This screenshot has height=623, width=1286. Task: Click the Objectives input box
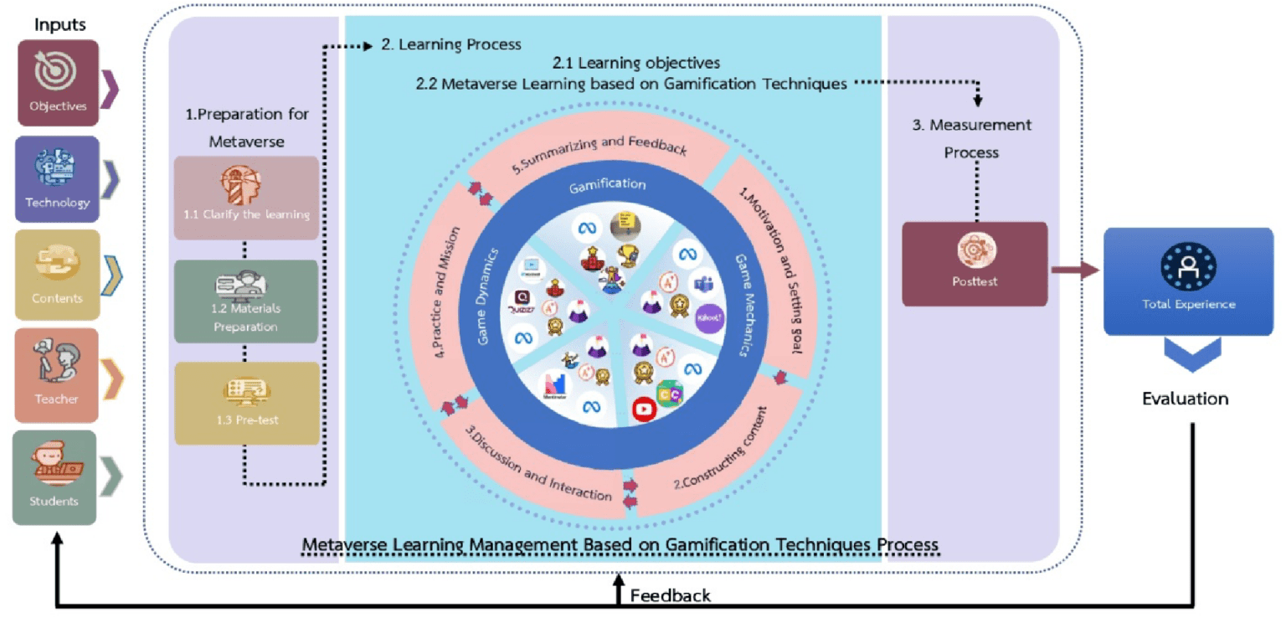[58, 83]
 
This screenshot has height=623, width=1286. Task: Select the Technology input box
[57, 179]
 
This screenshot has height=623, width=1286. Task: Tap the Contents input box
[57, 275]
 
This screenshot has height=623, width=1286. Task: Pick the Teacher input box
[57, 374]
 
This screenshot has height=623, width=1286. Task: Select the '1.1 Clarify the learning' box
[246, 198]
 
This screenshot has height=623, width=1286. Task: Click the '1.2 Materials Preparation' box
[245, 301]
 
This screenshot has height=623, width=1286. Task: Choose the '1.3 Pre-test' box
[246, 403]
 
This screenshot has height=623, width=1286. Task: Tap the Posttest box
[975, 263]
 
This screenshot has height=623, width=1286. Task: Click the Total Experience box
[1187, 281]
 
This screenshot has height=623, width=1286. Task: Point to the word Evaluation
[1186, 399]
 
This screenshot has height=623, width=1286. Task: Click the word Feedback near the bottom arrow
[670, 595]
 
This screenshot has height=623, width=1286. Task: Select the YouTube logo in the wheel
[642, 409]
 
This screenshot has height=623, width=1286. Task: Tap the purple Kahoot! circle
[709, 319]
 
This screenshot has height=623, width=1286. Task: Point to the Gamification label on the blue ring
[608, 183]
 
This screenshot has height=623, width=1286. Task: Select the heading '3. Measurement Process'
[971, 138]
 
